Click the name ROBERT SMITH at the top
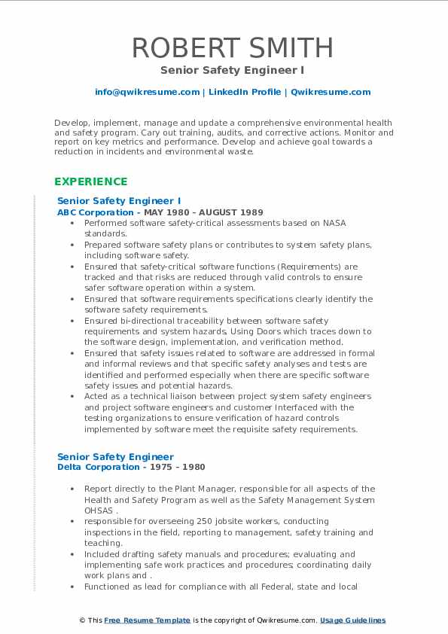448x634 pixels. (x=232, y=47)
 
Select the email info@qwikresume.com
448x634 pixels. (x=147, y=92)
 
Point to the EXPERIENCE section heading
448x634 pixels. (x=90, y=181)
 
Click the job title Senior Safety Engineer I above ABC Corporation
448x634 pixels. (x=119, y=201)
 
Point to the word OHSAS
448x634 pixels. (x=100, y=511)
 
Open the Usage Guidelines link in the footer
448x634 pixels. (x=352, y=620)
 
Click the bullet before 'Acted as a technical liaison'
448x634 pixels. (x=72, y=396)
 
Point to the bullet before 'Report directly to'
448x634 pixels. (x=72, y=489)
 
